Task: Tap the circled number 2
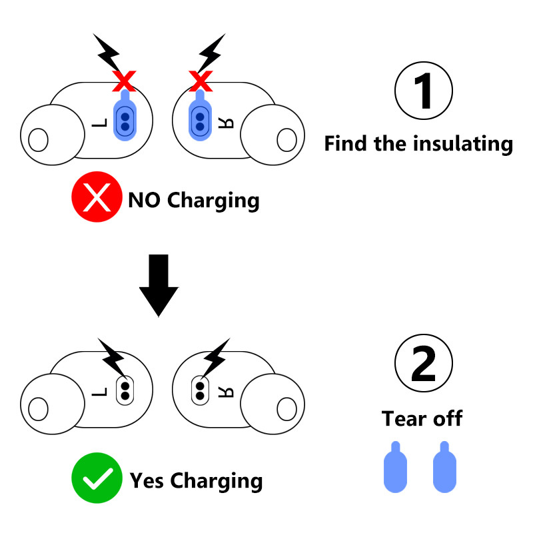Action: (x=424, y=363)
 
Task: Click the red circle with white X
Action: (x=97, y=198)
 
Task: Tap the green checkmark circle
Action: (x=97, y=478)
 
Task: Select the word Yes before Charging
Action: (x=148, y=480)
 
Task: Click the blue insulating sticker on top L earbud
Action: (x=125, y=119)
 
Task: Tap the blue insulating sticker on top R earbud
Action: (x=199, y=119)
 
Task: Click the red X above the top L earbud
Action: (x=124, y=81)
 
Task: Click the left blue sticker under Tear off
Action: (x=395, y=469)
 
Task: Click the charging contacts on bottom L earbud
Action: (x=125, y=390)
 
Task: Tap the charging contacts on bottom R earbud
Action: (x=199, y=390)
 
